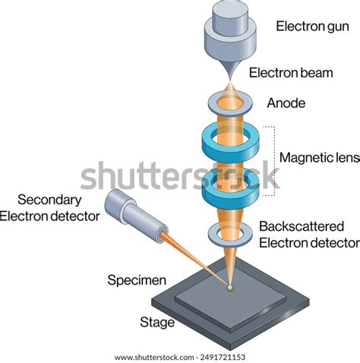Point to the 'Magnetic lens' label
tap(317, 158)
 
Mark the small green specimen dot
tap(229, 287)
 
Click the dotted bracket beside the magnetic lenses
tap(270, 159)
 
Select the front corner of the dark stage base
tap(228, 348)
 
